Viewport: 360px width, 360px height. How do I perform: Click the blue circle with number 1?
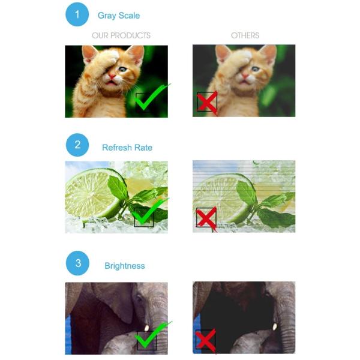77,14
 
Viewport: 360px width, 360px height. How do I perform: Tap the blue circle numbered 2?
77,145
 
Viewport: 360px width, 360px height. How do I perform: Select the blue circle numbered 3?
77,263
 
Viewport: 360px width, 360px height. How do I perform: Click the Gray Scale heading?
119,16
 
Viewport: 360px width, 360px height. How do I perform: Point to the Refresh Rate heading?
127,148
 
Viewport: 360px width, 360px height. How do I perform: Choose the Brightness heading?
125,266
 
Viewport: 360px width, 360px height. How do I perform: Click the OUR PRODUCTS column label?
121,35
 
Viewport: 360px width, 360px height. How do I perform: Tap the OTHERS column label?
245,35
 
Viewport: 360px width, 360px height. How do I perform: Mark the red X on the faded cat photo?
208,103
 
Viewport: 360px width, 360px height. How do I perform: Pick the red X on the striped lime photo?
206,219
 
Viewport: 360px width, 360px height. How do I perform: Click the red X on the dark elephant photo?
206,341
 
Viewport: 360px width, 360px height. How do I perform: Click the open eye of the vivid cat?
123,69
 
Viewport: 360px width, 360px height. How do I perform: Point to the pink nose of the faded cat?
245,75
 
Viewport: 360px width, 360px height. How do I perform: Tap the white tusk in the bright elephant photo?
146,328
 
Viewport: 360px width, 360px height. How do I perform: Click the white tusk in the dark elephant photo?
274,327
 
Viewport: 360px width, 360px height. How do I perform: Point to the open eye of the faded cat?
255,68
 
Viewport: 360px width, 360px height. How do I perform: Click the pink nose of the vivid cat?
112,76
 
